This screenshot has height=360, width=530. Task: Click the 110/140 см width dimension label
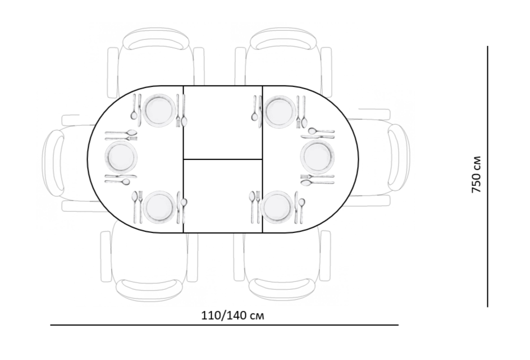point(232,316)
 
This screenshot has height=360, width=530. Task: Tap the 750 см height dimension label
point(476,175)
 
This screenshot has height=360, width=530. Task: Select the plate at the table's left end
point(121,157)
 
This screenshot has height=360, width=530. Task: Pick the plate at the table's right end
point(317,157)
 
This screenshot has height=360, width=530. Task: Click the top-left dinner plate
point(159,111)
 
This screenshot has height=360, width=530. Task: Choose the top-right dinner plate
point(279,112)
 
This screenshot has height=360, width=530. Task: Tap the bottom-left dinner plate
point(159,207)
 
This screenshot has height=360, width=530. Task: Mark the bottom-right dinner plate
point(277,206)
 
